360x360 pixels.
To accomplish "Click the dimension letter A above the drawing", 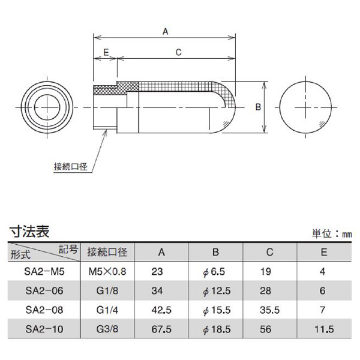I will (x=164, y=32).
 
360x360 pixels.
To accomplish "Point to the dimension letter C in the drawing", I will (x=178, y=53).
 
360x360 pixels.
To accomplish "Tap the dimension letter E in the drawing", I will (x=106, y=53).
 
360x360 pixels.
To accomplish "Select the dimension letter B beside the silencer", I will (x=257, y=107).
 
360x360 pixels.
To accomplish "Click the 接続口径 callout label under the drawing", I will (x=70, y=167).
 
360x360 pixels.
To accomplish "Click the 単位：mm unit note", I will (x=332, y=234).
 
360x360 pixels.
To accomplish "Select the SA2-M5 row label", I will (x=46, y=271).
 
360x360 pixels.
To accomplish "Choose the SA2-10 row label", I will (x=46, y=329).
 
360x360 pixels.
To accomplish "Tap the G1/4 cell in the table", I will (x=110, y=310).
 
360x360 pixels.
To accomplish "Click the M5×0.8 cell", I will (x=110, y=271).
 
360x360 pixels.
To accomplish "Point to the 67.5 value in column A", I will (x=158, y=329).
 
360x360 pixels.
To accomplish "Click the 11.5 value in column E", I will (x=324, y=329).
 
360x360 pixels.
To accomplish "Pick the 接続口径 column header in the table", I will (x=110, y=251).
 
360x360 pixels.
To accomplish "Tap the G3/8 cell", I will (x=110, y=329).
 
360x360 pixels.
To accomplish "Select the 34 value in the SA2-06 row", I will (x=158, y=290).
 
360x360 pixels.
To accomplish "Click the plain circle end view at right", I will (x=306, y=106).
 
